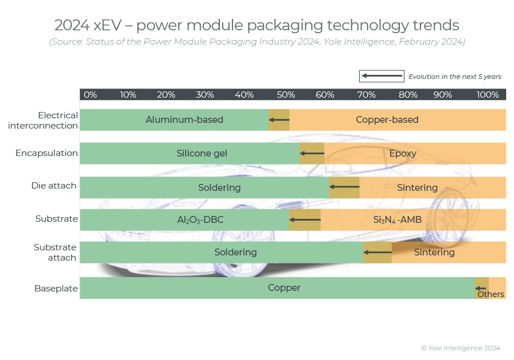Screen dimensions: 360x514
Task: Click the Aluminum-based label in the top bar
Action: [184, 120]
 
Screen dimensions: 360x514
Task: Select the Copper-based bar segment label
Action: [387, 120]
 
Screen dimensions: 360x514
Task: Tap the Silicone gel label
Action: [202, 154]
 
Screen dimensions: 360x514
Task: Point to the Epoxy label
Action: [403, 154]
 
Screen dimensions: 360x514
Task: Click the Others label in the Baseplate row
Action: [491, 294]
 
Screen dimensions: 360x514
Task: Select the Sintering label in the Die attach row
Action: [417, 187]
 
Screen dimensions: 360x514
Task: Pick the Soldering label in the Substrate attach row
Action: [235, 252]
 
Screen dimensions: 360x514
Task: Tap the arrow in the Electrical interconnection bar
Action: [279, 120]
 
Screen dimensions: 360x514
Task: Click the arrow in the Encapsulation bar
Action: [312, 154]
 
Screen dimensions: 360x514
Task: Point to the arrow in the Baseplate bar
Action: [481, 288]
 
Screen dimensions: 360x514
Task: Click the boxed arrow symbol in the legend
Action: [382, 76]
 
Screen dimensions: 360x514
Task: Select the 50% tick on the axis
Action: [286, 94]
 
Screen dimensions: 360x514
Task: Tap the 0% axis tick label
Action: [90, 94]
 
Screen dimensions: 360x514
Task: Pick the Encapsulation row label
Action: [46, 153]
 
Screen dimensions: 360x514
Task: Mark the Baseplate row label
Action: [56, 289]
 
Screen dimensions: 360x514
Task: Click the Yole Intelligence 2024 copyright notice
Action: [460, 348]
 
